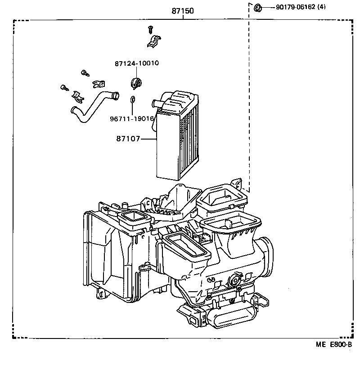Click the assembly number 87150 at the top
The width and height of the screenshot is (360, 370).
click(x=182, y=11)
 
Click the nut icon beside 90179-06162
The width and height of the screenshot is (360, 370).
click(x=258, y=7)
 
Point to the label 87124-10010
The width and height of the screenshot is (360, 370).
click(x=136, y=63)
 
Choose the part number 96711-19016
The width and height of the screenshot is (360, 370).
click(x=132, y=119)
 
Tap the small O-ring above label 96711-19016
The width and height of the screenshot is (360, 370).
click(x=133, y=99)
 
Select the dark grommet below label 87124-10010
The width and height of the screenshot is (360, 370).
click(x=135, y=83)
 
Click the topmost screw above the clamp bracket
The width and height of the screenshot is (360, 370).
click(x=150, y=30)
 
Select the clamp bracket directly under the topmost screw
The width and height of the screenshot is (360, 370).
click(x=154, y=41)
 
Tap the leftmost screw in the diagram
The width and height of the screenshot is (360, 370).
click(x=63, y=87)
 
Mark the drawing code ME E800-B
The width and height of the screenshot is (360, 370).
click(x=333, y=344)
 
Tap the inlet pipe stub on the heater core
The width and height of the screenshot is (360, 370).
click(x=157, y=104)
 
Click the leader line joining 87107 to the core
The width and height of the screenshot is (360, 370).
click(x=148, y=139)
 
